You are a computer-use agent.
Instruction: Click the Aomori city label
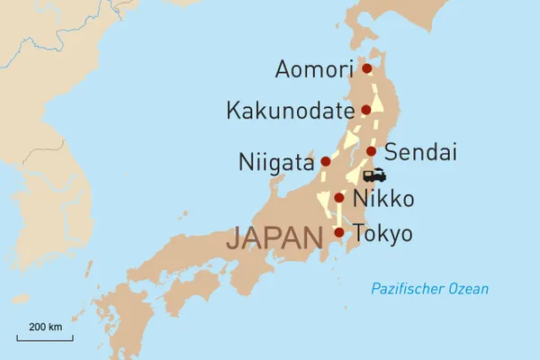tap(315, 69)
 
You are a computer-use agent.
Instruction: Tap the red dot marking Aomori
tap(366, 68)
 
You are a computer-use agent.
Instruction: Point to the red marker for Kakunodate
tap(366, 111)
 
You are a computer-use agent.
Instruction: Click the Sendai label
tap(415, 150)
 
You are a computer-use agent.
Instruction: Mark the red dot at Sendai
tap(371, 151)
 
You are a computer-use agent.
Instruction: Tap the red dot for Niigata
tap(326, 162)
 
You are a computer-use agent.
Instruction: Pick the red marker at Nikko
tap(339, 198)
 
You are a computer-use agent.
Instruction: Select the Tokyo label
tap(382, 234)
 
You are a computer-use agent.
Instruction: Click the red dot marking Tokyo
tap(338, 233)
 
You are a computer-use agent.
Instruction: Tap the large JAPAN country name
tap(274, 238)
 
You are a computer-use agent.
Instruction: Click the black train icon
tap(374, 175)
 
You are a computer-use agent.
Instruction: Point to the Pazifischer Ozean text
tap(430, 289)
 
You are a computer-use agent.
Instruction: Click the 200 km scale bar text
tap(44, 326)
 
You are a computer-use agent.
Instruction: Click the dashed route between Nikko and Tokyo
tap(339, 216)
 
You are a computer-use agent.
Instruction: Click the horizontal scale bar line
tap(44, 338)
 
